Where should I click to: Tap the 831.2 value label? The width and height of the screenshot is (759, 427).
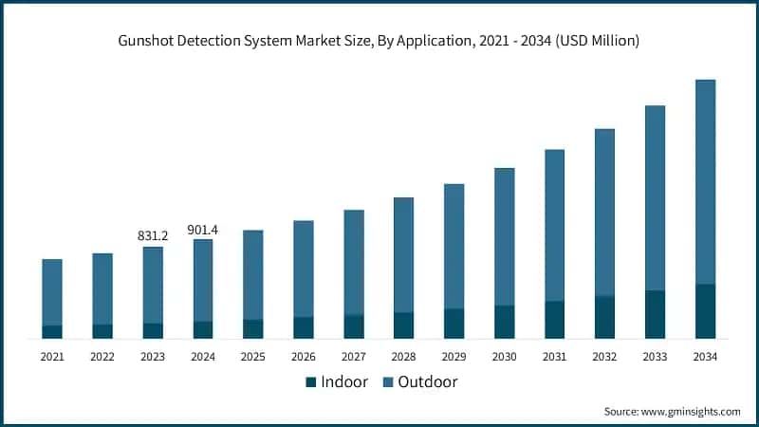(153, 235)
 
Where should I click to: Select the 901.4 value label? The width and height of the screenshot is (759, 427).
(203, 229)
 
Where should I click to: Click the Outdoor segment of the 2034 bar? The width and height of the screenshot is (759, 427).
(705, 181)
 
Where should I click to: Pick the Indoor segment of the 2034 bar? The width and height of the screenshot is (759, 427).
(705, 311)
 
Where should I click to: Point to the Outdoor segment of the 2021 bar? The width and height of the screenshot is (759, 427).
(52, 291)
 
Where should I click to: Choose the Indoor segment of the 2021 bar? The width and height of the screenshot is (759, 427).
(52, 331)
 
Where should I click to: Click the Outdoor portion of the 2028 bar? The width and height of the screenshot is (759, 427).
(404, 254)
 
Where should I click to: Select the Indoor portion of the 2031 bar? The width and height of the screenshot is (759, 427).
(554, 320)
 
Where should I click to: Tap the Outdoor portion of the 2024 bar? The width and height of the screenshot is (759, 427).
(203, 280)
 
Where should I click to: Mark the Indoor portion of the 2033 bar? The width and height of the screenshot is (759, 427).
(655, 314)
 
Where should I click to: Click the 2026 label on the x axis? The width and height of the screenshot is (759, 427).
(304, 357)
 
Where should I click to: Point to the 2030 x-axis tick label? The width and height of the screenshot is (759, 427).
(504, 357)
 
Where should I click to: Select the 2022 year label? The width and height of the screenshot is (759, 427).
(102, 357)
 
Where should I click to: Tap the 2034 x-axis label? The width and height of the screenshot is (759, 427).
(705, 357)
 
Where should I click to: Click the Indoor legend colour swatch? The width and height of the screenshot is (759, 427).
(310, 382)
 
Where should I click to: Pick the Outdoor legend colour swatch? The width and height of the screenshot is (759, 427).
(386, 382)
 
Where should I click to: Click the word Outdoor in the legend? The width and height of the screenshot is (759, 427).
(427, 382)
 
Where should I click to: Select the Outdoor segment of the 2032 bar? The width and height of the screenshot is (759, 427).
(604, 212)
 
